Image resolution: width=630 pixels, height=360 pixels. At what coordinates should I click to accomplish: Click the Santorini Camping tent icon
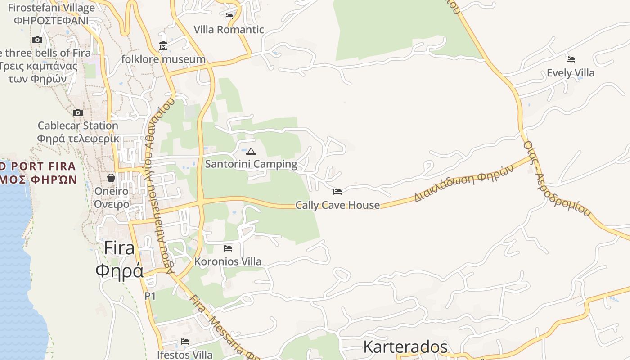251,151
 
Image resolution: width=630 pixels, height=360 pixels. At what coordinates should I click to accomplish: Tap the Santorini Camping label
251,164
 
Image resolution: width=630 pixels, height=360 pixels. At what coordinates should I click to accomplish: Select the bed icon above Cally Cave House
337,192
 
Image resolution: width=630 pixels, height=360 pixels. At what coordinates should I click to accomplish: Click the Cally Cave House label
337,205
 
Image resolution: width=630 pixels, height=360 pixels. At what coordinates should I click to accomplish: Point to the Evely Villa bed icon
571,59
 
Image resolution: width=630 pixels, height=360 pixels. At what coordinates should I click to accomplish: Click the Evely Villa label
571,73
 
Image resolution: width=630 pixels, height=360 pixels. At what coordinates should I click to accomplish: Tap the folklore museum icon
163,46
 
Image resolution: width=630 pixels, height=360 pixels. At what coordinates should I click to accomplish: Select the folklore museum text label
163,59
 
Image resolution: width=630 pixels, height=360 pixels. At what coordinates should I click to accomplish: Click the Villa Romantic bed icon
229,16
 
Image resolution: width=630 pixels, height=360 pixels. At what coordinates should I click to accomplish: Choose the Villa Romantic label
229,30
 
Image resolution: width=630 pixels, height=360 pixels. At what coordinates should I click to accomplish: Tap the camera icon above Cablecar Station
78,112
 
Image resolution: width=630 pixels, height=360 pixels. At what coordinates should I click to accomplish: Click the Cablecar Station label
78,126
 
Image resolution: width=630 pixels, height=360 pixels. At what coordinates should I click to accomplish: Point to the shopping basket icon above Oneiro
111,178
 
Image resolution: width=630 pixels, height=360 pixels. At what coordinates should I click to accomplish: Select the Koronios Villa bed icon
228,248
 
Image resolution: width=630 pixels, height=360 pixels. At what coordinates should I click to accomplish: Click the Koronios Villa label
228,261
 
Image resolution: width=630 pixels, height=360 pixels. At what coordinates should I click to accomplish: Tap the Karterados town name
405,347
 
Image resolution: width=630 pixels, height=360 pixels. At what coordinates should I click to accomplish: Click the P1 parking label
150,296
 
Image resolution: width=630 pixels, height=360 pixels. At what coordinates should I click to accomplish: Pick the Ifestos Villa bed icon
185,342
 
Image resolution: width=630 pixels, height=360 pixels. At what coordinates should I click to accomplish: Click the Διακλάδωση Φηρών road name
463,184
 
